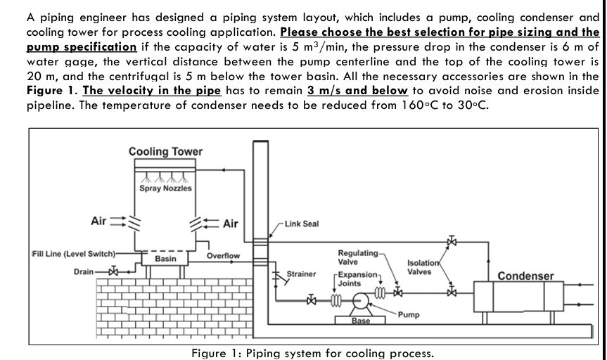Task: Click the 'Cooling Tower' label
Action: [165, 152]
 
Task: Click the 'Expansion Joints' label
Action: [354, 277]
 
